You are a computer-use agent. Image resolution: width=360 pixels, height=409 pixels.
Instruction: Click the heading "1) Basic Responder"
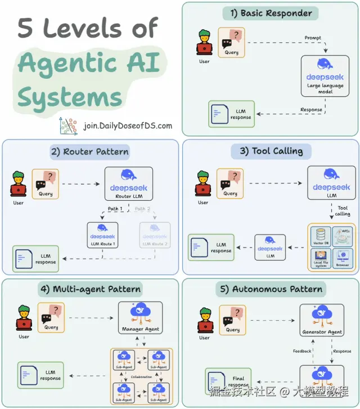coord(270,14)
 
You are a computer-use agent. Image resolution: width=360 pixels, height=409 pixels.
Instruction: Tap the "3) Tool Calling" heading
coord(270,151)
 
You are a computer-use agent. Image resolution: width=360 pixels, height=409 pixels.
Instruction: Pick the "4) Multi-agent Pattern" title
coord(90,290)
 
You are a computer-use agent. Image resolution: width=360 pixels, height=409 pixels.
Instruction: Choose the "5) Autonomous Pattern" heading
coord(271,290)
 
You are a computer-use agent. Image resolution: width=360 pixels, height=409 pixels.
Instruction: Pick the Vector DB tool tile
coord(320,237)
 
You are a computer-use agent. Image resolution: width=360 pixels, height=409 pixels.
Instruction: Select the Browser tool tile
coord(343,258)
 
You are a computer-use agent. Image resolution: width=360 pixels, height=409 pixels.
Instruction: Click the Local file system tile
coord(320,258)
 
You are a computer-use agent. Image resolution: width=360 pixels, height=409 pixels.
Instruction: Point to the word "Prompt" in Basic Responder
coord(313,38)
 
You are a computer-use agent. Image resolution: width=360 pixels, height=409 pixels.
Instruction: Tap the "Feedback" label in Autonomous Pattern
coord(302,351)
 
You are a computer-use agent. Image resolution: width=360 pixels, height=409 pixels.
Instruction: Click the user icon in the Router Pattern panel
coord(19,184)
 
